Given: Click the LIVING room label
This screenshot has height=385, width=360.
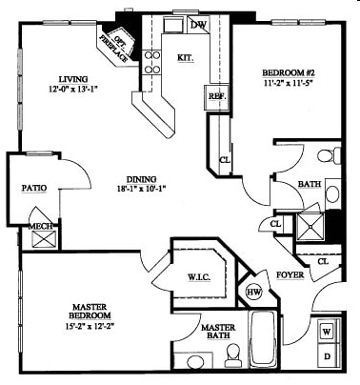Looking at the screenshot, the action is (x=72, y=79).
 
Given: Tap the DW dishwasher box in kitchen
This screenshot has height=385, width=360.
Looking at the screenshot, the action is (x=199, y=26).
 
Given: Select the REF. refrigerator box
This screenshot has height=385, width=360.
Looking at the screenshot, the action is (x=216, y=95).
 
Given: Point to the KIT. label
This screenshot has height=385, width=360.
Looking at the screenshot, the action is (x=187, y=57).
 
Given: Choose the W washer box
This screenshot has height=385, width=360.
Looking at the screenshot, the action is (x=326, y=332).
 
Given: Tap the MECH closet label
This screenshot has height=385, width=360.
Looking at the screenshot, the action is (x=41, y=226).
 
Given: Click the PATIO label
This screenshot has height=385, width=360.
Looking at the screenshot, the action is (x=34, y=188).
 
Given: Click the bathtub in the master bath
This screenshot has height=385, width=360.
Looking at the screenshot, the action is (x=263, y=340).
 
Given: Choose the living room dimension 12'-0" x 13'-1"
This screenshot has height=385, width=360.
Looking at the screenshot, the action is (x=72, y=91).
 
